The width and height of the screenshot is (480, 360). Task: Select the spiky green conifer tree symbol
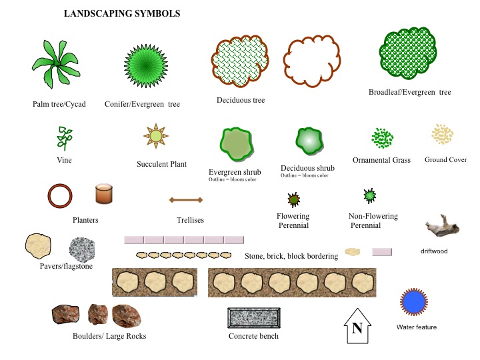click(146, 66)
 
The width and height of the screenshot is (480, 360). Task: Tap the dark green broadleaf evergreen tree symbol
click(408, 53)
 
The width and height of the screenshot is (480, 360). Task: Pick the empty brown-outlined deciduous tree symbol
click(311, 61)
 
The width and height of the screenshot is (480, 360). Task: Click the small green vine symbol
click(64, 138)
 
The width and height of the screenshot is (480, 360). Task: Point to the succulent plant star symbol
click(156, 136)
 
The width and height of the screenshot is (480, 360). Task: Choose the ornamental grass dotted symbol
click(383, 138)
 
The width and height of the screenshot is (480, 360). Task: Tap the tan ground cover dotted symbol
click(443, 134)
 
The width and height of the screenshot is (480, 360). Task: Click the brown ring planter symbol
click(60, 196)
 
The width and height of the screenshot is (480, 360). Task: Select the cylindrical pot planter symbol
click(104, 194)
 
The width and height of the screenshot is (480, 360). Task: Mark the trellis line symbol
click(186, 200)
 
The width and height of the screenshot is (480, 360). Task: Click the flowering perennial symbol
click(294, 199)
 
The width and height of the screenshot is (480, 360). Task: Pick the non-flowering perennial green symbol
click(370, 196)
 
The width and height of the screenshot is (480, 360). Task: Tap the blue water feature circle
click(414, 302)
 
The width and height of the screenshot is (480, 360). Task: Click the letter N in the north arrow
click(357, 328)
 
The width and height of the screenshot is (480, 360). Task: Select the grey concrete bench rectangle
click(254, 318)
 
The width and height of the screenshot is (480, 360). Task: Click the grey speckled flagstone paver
click(82, 250)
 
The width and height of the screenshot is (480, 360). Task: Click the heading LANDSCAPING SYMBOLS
click(122, 13)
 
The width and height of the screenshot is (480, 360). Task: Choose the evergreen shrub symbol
click(237, 144)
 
